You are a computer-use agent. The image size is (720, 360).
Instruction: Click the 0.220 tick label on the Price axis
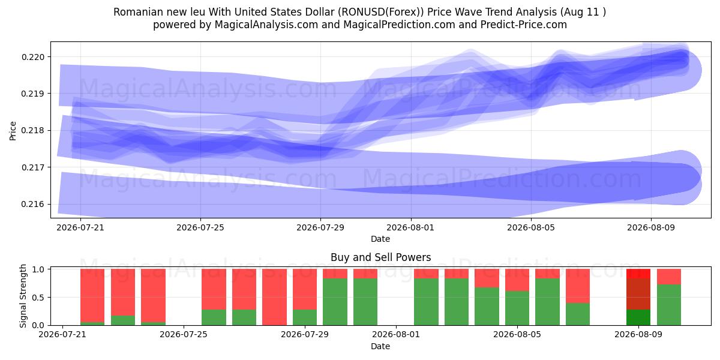pos(32,57)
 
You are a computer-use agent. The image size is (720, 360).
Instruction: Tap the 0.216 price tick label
pos(32,205)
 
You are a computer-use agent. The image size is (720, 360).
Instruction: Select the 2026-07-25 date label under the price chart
pos(200,227)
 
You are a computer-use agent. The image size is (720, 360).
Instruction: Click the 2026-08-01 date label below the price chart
pos(410,227)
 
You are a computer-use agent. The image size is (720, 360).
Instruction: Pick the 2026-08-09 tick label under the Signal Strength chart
pos(638,335)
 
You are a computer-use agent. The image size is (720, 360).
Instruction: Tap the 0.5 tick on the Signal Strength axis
pos(38,298)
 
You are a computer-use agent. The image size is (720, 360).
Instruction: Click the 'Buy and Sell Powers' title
pos(380,257)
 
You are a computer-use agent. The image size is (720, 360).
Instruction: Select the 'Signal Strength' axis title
pos(23,296)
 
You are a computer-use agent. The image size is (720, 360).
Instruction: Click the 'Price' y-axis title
pos(13,131)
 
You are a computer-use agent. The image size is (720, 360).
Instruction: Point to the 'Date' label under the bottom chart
pos(380,347)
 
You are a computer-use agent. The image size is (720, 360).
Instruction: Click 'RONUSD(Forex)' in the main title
pos(381,12)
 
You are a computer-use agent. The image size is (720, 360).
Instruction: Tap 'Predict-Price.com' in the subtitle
pos(524,25)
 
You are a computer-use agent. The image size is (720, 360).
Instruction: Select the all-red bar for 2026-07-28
pos(275,297)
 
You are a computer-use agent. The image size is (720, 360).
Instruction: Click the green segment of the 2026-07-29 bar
pos(305,317)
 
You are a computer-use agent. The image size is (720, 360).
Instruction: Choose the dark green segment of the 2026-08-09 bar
pos(638,317)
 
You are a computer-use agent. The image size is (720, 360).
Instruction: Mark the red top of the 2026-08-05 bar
pos(517,280)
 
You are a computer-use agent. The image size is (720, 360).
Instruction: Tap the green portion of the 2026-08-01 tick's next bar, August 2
pos(426,302)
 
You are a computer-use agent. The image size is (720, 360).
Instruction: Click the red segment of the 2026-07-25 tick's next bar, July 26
pos(214,289)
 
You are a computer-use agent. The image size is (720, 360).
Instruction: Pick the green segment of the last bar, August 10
pos(669,305)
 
